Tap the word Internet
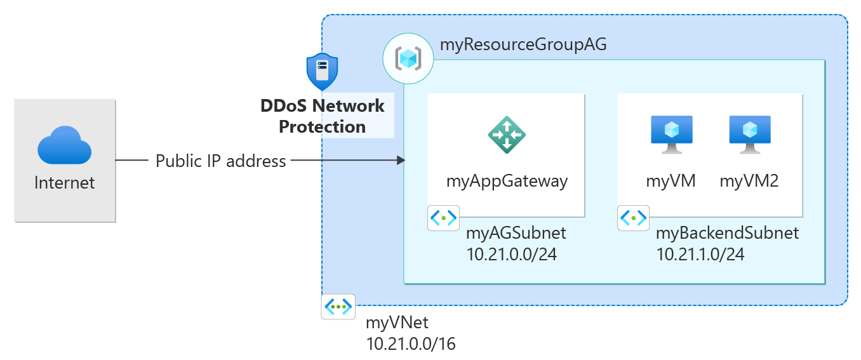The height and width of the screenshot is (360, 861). (65, 183)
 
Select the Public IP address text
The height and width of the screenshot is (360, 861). (221, 161)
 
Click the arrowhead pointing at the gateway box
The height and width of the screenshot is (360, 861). (401, 161)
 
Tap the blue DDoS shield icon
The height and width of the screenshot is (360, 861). (322, 72)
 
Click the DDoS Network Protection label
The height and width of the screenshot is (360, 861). (323, 116)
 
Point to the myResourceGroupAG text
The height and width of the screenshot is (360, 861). (523, 45)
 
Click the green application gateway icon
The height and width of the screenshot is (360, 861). (507, 135)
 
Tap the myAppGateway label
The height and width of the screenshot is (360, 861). (507, 181)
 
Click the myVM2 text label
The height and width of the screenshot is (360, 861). (749, 181)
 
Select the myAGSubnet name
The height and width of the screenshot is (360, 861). (516, 233)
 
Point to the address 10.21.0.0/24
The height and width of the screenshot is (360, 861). (511, 255)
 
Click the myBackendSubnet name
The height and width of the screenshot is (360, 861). (727, 233)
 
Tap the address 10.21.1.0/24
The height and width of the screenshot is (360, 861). (700, 255)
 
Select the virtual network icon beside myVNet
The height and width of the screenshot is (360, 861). (338, 307)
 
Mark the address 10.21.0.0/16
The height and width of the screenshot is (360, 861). (411, 344)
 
